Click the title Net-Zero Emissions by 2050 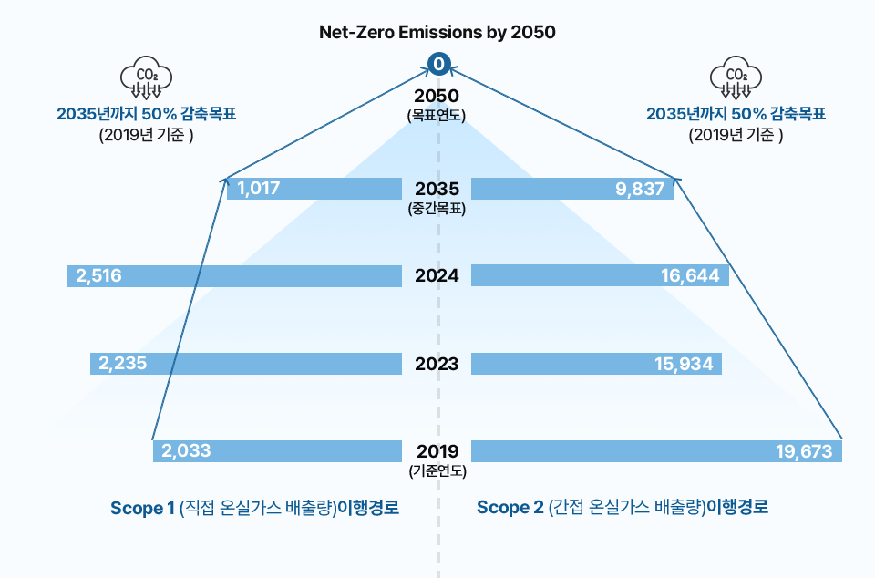pyautogui.click(x=437, y=31)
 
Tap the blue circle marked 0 pyautogui.click(x=438, y=64)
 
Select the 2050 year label pyautogui.click(x=437, y=96)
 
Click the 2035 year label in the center pyautogui.click(x=437, y=189)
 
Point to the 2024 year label pyautogui.click(x=437, y=275)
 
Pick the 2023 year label pyautogui.click(x=437, y=364)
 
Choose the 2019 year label pyautogui.click(x=437, y=450)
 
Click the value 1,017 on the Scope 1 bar pyautogui.click(x=258, y=189)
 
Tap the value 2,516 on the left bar pyautogui.click(x=98, y=275)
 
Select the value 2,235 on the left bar pyautogui.click(x=122, y=364)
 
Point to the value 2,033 pyautogui.click(x=186, y=450)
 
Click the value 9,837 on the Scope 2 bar pyautogui.click(x=641, y=189)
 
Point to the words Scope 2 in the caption pyautogui.click(x=510, y=508)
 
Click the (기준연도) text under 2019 pyautogui.click(x=437, y=471)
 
